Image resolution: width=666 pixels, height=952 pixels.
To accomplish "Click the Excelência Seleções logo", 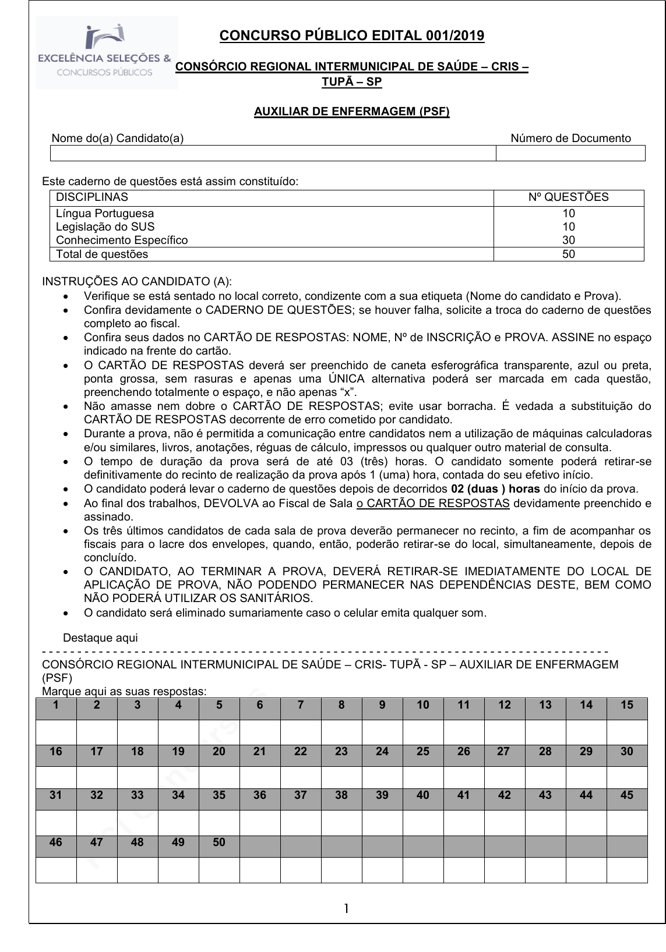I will point(107,53).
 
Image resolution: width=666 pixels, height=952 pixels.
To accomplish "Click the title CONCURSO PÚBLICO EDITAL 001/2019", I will point(351,36).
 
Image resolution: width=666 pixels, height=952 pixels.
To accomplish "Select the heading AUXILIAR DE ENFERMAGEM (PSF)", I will point(351,111).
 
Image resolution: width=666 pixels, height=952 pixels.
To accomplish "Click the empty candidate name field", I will point(273,153).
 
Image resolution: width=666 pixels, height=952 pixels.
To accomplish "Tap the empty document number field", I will point(570,153).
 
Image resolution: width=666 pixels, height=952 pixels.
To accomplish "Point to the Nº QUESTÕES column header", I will point(568,197).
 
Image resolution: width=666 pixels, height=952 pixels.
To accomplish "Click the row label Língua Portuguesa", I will point(105,213).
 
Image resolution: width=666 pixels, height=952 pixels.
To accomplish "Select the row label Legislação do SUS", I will point(105,227).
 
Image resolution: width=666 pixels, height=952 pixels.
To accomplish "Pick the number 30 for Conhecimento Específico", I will point(569,240).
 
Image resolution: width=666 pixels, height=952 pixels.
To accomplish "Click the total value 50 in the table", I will point(569,254).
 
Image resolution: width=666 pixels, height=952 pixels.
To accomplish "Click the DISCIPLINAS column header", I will point(92,197).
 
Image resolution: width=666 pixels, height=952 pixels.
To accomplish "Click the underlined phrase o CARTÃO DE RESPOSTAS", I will point(433,503).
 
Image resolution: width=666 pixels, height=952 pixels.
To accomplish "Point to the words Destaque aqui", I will point(100,638).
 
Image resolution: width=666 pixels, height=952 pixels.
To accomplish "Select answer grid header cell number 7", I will point(301,705).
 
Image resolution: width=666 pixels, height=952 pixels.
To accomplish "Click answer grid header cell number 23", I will point(341,751).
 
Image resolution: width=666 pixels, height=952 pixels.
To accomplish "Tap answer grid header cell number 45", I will point(627,795).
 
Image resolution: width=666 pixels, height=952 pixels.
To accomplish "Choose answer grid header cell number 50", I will point(219,842).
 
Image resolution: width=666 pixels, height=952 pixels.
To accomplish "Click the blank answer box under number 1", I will point(56,732).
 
